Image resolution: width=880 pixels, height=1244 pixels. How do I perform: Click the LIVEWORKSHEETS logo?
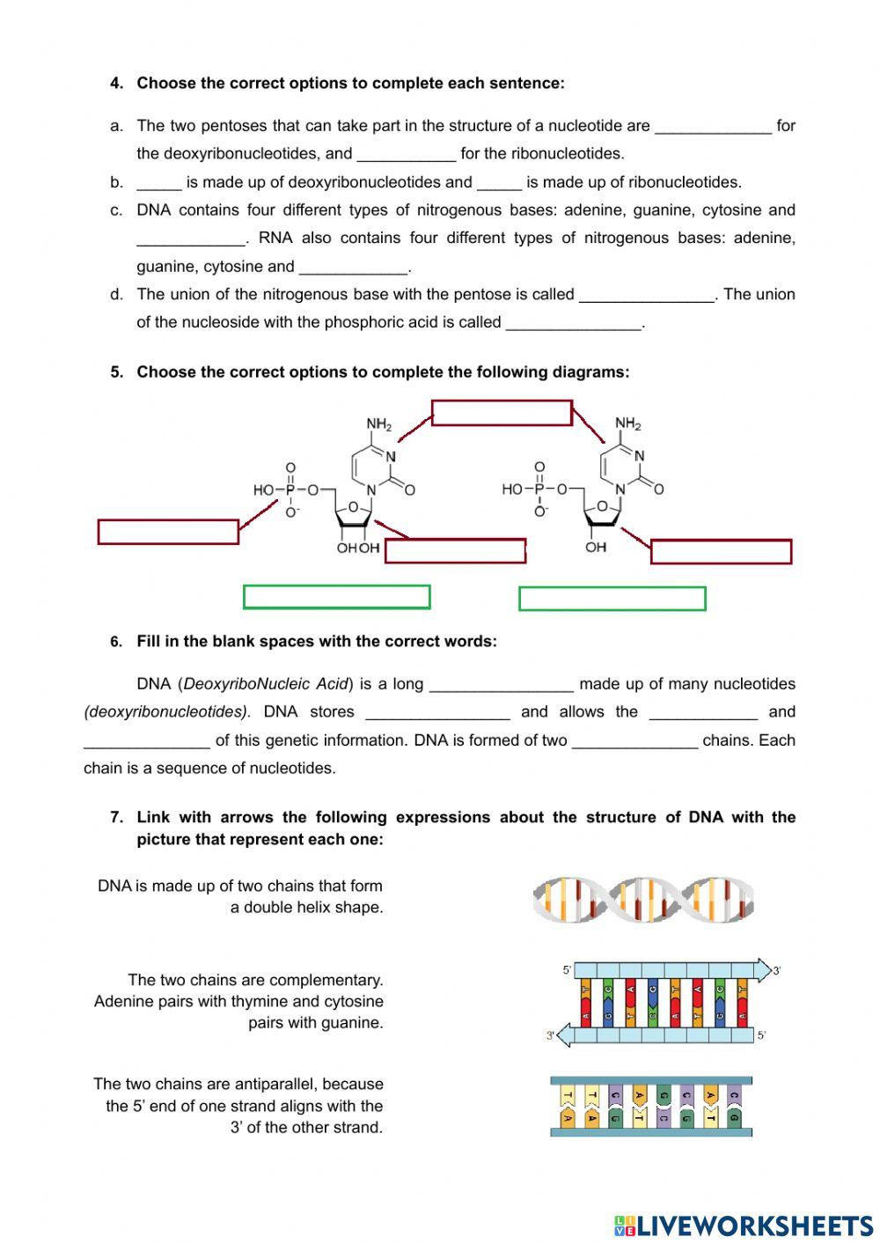(x=743, y=1225)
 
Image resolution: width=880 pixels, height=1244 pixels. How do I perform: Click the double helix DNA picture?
(x=643, y=900)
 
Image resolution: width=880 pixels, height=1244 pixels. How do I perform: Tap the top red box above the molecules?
(x=502, y=413)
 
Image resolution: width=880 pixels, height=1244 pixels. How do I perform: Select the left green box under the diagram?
(x=336, y=597)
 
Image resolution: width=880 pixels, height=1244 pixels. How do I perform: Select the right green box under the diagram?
(x=612, y=599)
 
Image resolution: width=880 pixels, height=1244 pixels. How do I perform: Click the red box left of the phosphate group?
(x=168, y=532)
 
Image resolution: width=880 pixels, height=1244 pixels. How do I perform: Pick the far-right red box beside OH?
(x=721, y=552)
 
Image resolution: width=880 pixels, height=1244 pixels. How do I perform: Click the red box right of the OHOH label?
(x=455, y=551)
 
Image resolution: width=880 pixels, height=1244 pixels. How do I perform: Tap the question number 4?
(x=116, y=84)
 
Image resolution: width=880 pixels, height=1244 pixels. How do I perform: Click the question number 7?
(x=116, y=817)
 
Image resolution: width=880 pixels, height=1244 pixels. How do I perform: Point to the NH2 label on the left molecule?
(x=379, y=425)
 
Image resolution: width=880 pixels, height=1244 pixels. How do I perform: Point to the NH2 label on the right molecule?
(x=628, y=424)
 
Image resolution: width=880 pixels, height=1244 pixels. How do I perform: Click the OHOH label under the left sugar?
(x=358, y=548)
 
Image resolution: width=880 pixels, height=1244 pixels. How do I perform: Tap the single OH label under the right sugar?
(x=596, y=548)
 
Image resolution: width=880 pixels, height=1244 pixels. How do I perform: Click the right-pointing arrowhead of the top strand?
(x=762, y=970)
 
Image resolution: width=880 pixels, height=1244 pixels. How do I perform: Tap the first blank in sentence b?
(x=158, y=182)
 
